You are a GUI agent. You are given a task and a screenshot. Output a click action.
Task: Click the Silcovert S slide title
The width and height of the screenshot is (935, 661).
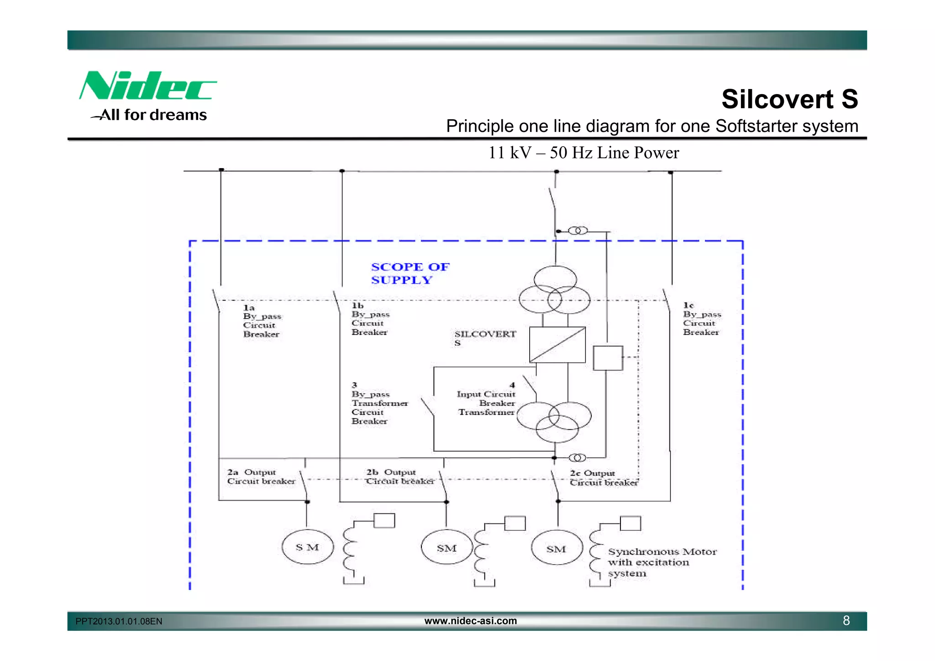coord(789,99)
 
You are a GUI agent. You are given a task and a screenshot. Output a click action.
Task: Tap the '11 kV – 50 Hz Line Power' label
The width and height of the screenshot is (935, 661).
coord(583,153)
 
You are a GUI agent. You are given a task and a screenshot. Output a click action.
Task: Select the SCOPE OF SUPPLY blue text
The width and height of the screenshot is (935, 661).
coord(410,273)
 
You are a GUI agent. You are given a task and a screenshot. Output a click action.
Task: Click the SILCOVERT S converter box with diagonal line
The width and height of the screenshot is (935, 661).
coord(557,345)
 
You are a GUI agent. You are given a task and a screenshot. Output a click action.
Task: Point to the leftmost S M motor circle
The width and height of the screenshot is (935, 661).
coord(307,547)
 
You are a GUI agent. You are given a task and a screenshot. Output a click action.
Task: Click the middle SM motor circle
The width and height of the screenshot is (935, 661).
coord(446,548)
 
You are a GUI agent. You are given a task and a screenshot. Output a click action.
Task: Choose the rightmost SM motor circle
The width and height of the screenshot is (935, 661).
coord(557,548)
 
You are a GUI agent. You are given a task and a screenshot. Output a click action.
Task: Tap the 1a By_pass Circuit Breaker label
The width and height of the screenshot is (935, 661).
coord(262,321)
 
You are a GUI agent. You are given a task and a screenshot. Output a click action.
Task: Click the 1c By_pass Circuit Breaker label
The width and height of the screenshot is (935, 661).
coord(701,318)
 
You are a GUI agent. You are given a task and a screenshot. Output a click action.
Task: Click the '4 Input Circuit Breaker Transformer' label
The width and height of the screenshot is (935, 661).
coord(487,399)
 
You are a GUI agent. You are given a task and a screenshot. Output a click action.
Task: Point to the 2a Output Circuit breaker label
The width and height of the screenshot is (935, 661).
coord(261,476)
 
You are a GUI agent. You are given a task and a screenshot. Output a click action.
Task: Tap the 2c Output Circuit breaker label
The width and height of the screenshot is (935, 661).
coord(603,478)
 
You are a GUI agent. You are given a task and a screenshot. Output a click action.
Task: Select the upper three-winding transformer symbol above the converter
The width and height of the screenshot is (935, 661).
coord(555,290)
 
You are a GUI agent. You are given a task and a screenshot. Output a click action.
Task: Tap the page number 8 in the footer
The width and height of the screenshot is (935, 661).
coord(846,620)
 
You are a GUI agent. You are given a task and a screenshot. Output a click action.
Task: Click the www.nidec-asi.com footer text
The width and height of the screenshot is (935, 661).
coord(470,620)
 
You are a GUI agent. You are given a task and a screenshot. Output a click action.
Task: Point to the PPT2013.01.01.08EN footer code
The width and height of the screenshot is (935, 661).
coord(119,621)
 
